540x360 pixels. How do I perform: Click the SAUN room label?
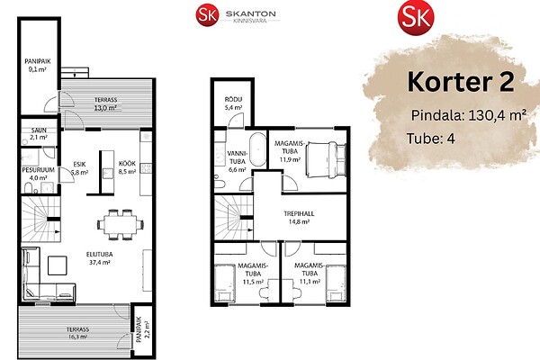39,130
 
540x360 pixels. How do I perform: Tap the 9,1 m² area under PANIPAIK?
38,69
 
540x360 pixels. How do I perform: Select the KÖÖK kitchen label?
127,163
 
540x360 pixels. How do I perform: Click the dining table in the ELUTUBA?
121,225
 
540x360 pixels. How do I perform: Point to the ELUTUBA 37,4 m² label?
99,258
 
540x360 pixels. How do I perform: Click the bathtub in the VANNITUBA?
257,149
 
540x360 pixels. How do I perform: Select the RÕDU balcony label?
233,103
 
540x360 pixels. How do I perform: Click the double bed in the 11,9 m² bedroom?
326,160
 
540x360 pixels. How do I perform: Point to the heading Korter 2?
461,82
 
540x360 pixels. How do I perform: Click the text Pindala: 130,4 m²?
469,115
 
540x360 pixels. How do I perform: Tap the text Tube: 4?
431,139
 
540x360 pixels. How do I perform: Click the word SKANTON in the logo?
251,13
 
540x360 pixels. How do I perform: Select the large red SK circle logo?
416,17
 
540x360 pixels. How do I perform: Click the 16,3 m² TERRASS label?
77,333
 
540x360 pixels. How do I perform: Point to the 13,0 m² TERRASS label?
105,103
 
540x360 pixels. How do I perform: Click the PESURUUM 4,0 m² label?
38,174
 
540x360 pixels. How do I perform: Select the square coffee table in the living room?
58,265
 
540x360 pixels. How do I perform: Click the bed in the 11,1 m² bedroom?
336,283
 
